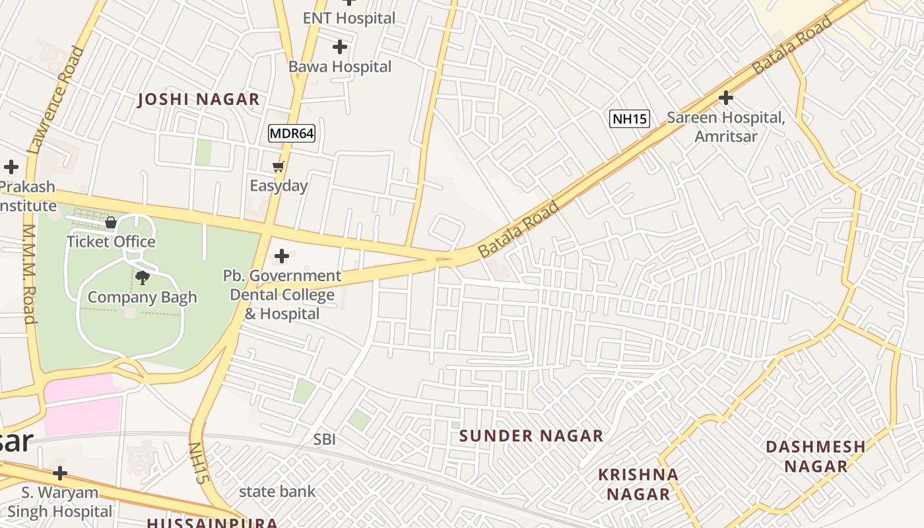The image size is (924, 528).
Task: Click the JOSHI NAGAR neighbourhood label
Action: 198,100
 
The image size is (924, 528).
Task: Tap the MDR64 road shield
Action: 292,133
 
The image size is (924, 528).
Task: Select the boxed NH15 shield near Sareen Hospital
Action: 630,119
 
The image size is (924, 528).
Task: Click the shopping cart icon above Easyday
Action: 279,167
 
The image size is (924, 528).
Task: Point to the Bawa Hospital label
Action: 340,67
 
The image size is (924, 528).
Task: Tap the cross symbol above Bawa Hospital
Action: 340,47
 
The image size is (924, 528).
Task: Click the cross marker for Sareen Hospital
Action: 726,98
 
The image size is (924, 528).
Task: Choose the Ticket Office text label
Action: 111,242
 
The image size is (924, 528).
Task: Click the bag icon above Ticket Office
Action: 111,222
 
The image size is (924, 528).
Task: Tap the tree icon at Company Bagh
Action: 142,278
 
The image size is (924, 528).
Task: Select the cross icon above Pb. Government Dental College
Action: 282,255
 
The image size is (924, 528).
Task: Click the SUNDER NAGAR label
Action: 531,436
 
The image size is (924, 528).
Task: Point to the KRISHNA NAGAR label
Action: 638,484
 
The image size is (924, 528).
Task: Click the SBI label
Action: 325,439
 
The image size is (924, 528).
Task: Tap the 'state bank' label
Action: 277,491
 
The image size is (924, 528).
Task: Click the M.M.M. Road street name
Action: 30,274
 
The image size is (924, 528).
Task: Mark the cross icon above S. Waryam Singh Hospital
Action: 60,473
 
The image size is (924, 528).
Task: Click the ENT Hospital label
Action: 349,18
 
